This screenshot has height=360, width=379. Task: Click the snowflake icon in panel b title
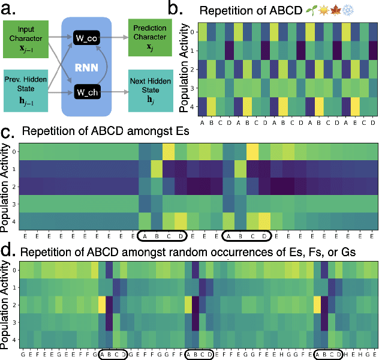click(364, 10)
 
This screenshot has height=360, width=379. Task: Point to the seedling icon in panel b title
click(327, 10)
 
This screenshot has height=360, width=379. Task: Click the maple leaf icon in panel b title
click(352, 10)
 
